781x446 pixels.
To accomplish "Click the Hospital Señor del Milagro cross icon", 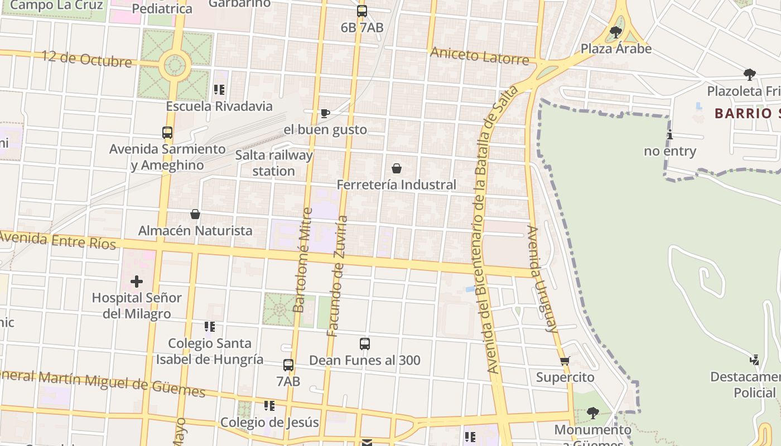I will [x=136, y=282].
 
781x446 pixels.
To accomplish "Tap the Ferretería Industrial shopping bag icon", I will [x=397, y=168].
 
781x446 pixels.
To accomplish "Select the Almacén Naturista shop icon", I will [x=195, y=214].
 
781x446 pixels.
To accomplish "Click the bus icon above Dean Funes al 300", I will [x=365, y=343].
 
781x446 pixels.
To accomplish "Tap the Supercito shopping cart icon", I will [x=565, y=361].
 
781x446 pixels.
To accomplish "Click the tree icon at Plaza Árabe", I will [x=616, y=32].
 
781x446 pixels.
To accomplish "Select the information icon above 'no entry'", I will [x=669, y=135].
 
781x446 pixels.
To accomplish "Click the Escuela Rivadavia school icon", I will [x=219, y=90].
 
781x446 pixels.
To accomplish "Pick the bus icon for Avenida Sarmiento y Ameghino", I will [x=167, y=133].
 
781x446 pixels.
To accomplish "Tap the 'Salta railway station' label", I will [x=273, y=163].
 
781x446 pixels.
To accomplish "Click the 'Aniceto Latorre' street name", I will [x=479, y=56].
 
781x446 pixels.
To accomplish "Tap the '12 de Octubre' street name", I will [x=86, y=59].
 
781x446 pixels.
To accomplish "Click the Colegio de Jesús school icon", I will [x=269, y=405].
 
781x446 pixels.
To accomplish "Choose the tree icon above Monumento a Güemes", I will [x=592, y=413].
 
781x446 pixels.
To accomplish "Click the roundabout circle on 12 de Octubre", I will [x=175, y=65].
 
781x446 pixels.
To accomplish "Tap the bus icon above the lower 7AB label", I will [x=288, y=365].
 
